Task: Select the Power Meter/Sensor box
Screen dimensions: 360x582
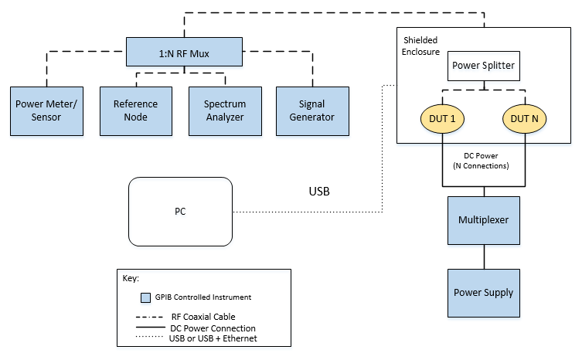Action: tap(47, 110)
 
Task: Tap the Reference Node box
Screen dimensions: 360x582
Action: tap(135, 110)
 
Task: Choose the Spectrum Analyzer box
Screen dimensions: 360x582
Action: tap(225, 110)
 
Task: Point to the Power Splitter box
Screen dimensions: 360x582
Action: tap(482, 66)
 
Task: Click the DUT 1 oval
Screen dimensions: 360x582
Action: tap(442, 118)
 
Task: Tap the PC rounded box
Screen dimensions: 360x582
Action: tap(180, 211)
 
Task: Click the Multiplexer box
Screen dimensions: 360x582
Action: tap(484, 219)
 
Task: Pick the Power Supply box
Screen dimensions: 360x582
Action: tap(484, 293)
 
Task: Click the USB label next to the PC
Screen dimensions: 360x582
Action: tap(318, 191)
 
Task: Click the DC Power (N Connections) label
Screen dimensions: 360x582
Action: tap(484, 161)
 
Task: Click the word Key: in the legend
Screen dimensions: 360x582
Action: tap(133, 277)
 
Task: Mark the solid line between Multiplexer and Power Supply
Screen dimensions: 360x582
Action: tap(484, 256)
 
